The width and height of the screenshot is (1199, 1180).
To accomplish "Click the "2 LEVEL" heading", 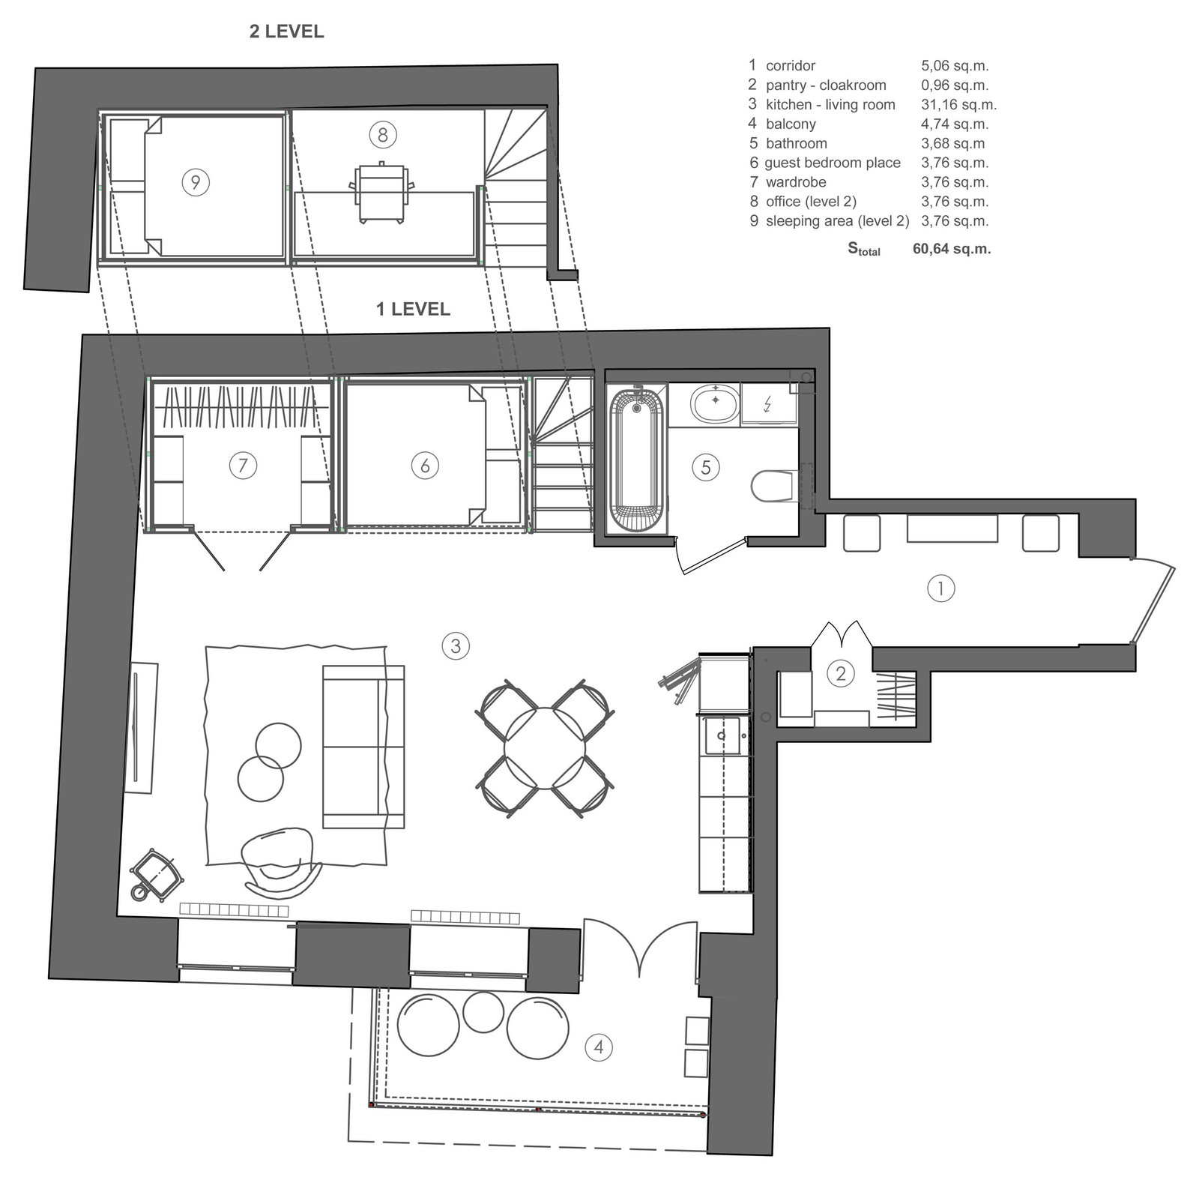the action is click(286, 31).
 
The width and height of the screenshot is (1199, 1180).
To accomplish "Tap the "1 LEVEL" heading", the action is click(413, 309).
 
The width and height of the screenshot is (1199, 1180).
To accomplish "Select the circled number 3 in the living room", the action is click(456, 645).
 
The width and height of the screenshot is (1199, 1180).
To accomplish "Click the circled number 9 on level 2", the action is click(196, 182).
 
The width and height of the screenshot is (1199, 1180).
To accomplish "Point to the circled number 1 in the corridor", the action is click(941, 589).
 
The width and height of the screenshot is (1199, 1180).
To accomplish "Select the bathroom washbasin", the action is click(716, 405).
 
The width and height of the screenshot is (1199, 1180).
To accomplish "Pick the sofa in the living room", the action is click(363, 747).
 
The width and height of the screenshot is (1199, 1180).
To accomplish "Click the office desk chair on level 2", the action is click(381, 192).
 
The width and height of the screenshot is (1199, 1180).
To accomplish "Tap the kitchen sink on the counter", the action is click(722, 735).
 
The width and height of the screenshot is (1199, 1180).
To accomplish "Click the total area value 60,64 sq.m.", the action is click(952, 249).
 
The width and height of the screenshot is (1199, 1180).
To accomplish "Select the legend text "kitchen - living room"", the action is click(830, 105).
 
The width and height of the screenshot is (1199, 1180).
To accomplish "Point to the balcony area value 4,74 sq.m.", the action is click(955, 124).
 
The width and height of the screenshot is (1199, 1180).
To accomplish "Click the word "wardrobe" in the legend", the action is click(796, 182).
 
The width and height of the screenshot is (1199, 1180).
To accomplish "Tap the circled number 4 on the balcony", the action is click(598, 1047).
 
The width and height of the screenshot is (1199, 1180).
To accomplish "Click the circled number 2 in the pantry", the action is click(841, 674).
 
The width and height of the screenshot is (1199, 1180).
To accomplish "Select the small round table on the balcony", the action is click(483, 1011).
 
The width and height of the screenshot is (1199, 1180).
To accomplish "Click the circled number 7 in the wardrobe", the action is click(243, 466).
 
